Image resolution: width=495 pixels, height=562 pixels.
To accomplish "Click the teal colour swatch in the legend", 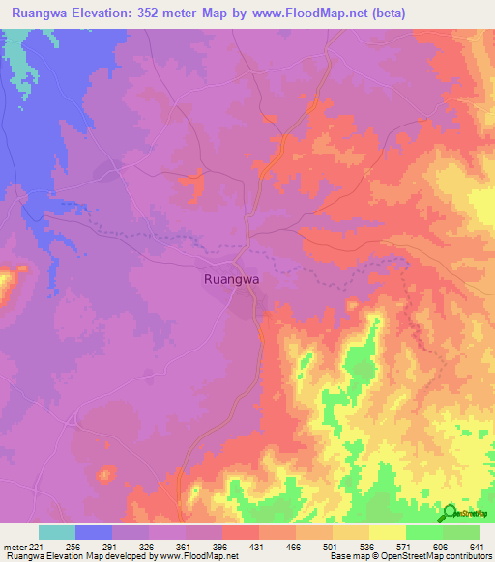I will tap(57, 531).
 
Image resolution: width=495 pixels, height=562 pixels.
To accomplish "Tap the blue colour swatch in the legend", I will tap(94, 531).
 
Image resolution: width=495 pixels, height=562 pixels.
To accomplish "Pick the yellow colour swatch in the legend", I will tap(388, 531).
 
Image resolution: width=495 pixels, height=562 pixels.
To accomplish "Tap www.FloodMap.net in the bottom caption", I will tap(199, 556).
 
